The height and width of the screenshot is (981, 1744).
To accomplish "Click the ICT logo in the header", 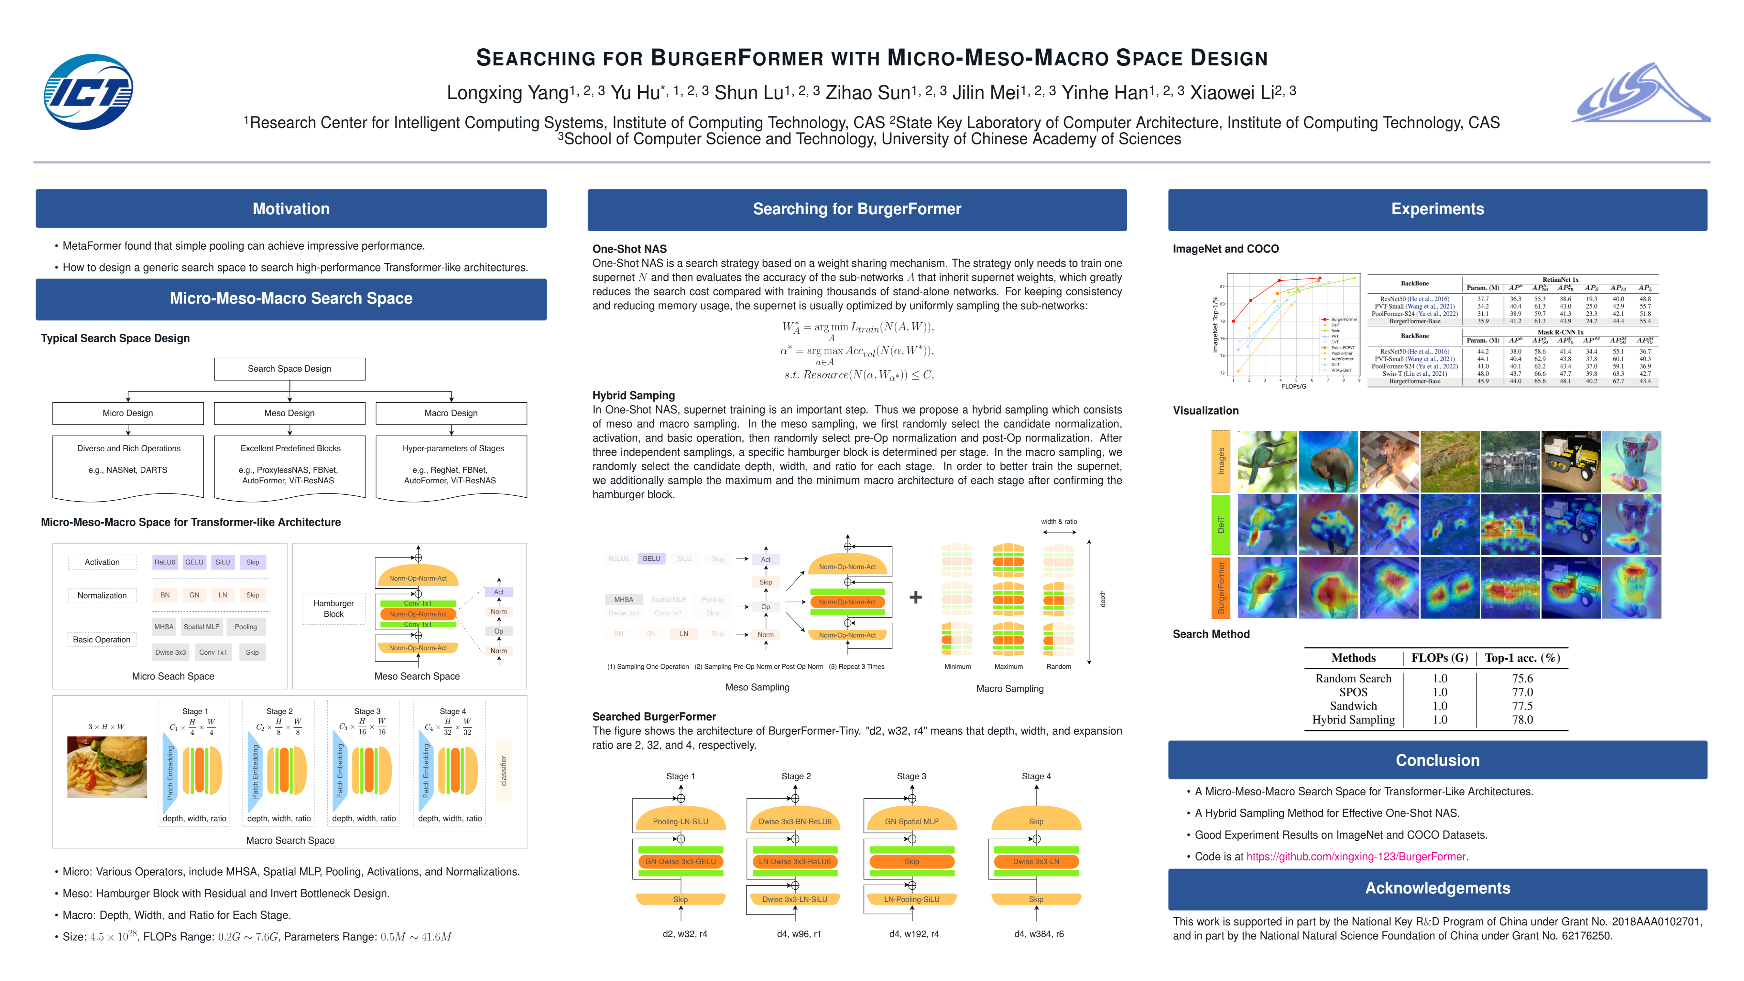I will [x=88, y=92].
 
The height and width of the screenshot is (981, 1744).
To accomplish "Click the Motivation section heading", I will [x=291, y=208].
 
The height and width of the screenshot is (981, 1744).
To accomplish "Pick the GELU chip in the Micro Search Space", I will [x=194, y=562].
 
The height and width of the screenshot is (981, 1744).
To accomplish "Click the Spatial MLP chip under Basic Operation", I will [x=201, y=627].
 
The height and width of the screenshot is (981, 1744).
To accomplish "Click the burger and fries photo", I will [x=107, y=767].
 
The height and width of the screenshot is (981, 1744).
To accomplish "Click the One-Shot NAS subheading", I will [x=629, y=249].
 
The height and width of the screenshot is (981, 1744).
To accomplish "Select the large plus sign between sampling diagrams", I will [x=915, y=597].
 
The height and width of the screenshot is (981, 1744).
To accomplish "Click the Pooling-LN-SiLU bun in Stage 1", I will [x=681, y=821].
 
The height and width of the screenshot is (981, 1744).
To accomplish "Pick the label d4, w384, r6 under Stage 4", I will [x=1039, y=934].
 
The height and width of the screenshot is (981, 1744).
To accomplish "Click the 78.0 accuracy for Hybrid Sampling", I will [x=1522, y=720].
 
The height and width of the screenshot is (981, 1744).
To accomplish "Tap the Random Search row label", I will [x=1353, y=679].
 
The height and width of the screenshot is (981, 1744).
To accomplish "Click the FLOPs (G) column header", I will [x=1439, y=658].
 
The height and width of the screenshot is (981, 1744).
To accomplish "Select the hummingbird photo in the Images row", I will [x=1267, y=462].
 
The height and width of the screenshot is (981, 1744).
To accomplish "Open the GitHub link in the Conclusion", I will [x=1355, y=856].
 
